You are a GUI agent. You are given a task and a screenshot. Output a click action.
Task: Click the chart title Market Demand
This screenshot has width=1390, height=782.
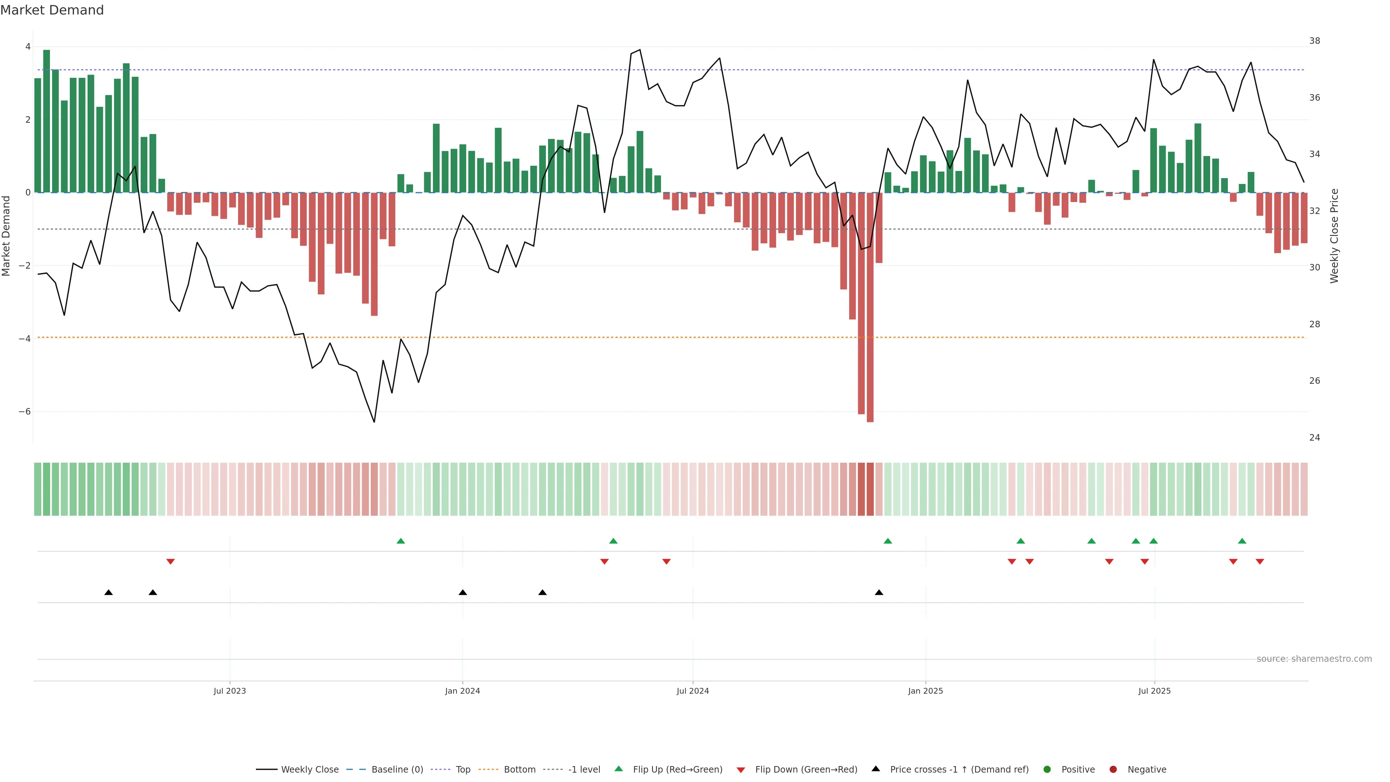52,10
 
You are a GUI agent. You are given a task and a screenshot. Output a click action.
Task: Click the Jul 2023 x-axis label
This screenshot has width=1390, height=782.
229,691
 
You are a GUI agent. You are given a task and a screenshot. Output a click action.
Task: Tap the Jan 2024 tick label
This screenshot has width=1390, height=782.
463,691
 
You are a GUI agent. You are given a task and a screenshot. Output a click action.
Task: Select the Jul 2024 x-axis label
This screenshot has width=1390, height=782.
692,691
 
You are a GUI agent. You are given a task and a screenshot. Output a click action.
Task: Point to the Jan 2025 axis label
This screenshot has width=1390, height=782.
926,691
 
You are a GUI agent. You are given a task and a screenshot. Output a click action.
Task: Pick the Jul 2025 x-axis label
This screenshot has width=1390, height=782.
1154,691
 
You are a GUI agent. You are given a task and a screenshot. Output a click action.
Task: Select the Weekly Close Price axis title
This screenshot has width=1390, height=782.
1334,236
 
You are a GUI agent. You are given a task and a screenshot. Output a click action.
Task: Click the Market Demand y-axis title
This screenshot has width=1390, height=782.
6,236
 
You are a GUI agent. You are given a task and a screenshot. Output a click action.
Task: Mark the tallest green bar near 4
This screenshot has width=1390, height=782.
46,121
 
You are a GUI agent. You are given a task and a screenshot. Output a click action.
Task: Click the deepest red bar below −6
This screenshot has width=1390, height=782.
870,308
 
